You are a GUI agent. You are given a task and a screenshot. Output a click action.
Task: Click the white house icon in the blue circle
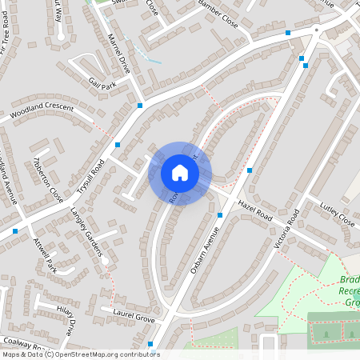pyautogui.click(x=180, y=173)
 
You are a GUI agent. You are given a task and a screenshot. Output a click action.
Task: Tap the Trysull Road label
pyautogui.click(x=91, y=178)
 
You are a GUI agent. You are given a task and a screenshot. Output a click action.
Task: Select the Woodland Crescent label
pyautogui.click(x=42, y=113)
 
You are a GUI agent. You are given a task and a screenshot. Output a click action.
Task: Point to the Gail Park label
pyautogui.click(x=103, y=84)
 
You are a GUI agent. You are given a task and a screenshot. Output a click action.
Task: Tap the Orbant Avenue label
pyautogui.click(x=205, y=251)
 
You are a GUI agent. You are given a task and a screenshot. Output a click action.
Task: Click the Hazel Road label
pyautogui.click(x=255, y=212)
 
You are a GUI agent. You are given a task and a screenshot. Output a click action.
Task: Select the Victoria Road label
pyautogui.click(x=286, y=230)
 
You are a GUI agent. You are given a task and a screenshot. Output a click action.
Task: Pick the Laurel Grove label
pyautogui.click(x=133, y=312)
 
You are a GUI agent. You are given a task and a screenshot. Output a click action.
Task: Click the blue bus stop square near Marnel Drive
pyautogui.click(x=140, y=105)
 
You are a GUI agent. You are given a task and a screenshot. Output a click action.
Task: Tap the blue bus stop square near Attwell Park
pyautogui.click(x=15, y=230)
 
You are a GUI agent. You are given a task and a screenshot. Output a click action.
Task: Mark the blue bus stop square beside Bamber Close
pyautogui.click(x=288, y=33)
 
